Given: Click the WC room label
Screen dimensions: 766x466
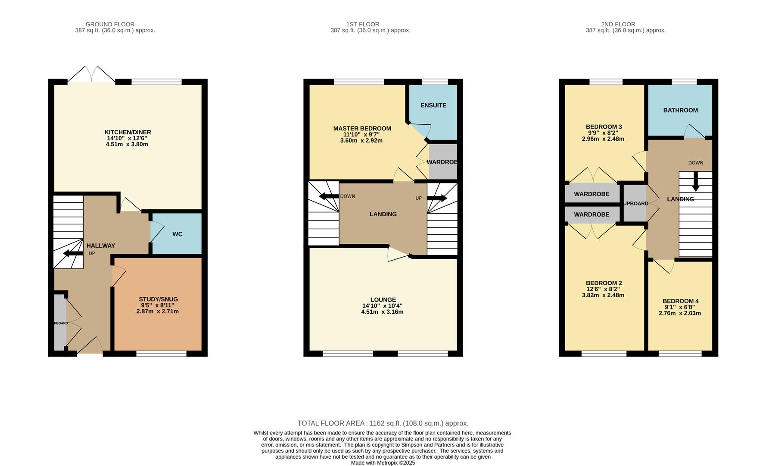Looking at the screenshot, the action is coord(177,234).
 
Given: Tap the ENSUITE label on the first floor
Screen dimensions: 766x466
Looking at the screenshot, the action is coord(433,105).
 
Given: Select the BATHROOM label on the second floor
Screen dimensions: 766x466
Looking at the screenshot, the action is coord(681,110).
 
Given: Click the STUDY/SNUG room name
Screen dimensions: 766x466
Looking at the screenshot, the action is coord(158,299).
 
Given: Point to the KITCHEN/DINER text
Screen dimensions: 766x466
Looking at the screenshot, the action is coord(128,132).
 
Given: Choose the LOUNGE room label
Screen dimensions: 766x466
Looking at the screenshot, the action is coord(383,299).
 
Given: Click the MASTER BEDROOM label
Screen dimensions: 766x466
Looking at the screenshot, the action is coord(362,129).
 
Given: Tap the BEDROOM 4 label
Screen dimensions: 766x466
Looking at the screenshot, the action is coord(681,301).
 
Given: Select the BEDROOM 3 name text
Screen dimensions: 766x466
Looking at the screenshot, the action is coord(604,127).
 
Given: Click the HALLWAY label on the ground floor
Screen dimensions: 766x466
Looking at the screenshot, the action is coord(101,246).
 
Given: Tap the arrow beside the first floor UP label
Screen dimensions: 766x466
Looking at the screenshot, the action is coord(437,198).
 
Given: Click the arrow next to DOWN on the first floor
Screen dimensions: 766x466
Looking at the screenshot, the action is coord(329,197).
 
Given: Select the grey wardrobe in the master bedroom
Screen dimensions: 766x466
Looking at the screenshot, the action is coord(443,162).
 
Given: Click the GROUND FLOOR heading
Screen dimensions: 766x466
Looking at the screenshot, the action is coord(110,25).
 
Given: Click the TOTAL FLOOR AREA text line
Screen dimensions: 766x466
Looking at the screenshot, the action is coord(383,424).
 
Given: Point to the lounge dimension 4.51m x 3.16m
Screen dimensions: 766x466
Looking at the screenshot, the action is coord(383,312).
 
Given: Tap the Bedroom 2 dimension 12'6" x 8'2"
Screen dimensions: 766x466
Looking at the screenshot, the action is coord(604,289).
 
